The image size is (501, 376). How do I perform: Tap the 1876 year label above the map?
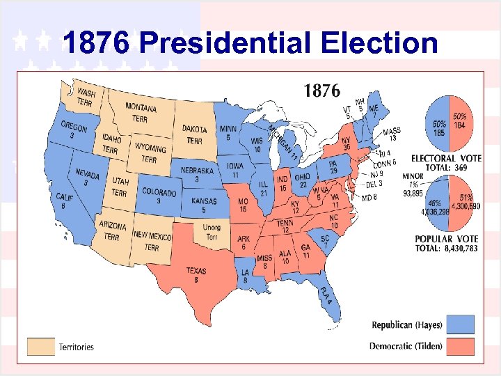coord(321,91)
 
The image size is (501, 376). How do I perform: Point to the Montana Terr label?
coord(141,112)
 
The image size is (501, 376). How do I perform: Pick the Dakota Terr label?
coord(194,134)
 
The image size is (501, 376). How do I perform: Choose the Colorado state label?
coord(159,196)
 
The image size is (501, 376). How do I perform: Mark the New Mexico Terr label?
coord(152,242)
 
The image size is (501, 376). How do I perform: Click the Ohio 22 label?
coord(302,180)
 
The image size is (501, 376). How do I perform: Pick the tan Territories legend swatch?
coord(40,346)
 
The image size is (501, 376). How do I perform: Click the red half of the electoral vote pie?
coord(460,125)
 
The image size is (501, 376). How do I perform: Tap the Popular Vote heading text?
coord(446,239)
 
